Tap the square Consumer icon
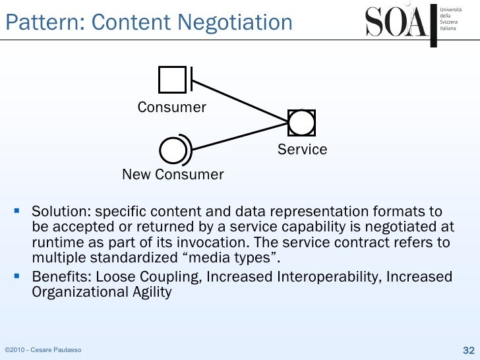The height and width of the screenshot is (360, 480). (x=173, y=80)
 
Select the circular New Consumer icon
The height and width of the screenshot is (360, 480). (x=173, y=150)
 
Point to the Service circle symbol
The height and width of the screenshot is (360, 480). (x=302, y=123)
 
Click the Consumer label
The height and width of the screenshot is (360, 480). (x=172, y=107)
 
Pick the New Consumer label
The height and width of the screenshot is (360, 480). (x=173, y=175)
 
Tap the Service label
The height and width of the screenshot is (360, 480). (x=302, y=150)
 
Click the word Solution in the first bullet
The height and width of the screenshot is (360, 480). (x=61, y=212)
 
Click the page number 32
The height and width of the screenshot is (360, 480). (x=469, y=349)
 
